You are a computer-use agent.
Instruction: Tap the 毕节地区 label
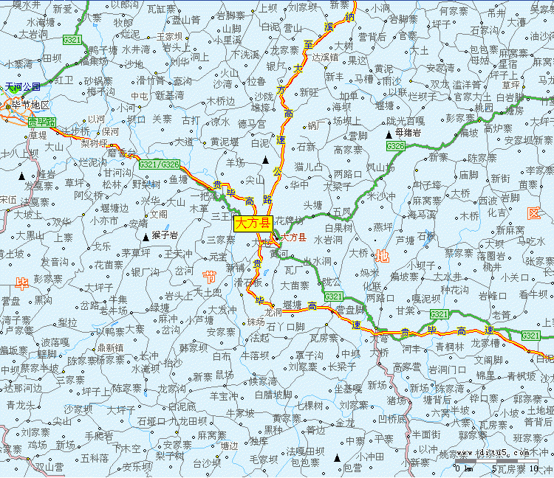(30, 105)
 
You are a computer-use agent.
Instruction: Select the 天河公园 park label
(23, 86)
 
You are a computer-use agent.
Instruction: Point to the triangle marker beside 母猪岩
(389, 134)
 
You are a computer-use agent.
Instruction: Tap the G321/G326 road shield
(158, 164)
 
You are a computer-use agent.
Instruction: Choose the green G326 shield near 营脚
(395, 147)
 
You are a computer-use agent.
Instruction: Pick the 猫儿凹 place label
(309, 167)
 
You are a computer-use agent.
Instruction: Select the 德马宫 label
(252, 124)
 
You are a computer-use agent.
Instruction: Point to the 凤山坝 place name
(380, 167)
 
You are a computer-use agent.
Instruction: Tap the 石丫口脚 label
(285, 326)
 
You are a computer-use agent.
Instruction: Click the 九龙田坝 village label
(189, 420)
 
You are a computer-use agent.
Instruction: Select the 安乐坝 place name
(137, 466)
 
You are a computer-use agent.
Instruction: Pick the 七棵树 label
(309, 405)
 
